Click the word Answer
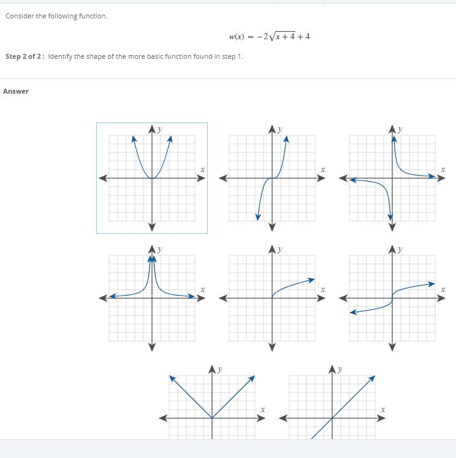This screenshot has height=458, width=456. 16,91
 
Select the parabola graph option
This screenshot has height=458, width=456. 152,178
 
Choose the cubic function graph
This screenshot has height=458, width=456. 272,178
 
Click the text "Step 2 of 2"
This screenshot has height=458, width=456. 25,56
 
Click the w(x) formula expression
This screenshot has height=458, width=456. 269,37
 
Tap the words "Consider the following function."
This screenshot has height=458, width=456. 56,16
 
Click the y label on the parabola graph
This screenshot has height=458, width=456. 159,129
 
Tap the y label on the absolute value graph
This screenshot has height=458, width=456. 219,369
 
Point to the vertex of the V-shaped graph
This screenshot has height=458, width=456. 212,418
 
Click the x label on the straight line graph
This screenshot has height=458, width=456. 382,408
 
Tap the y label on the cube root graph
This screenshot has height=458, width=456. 400,249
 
